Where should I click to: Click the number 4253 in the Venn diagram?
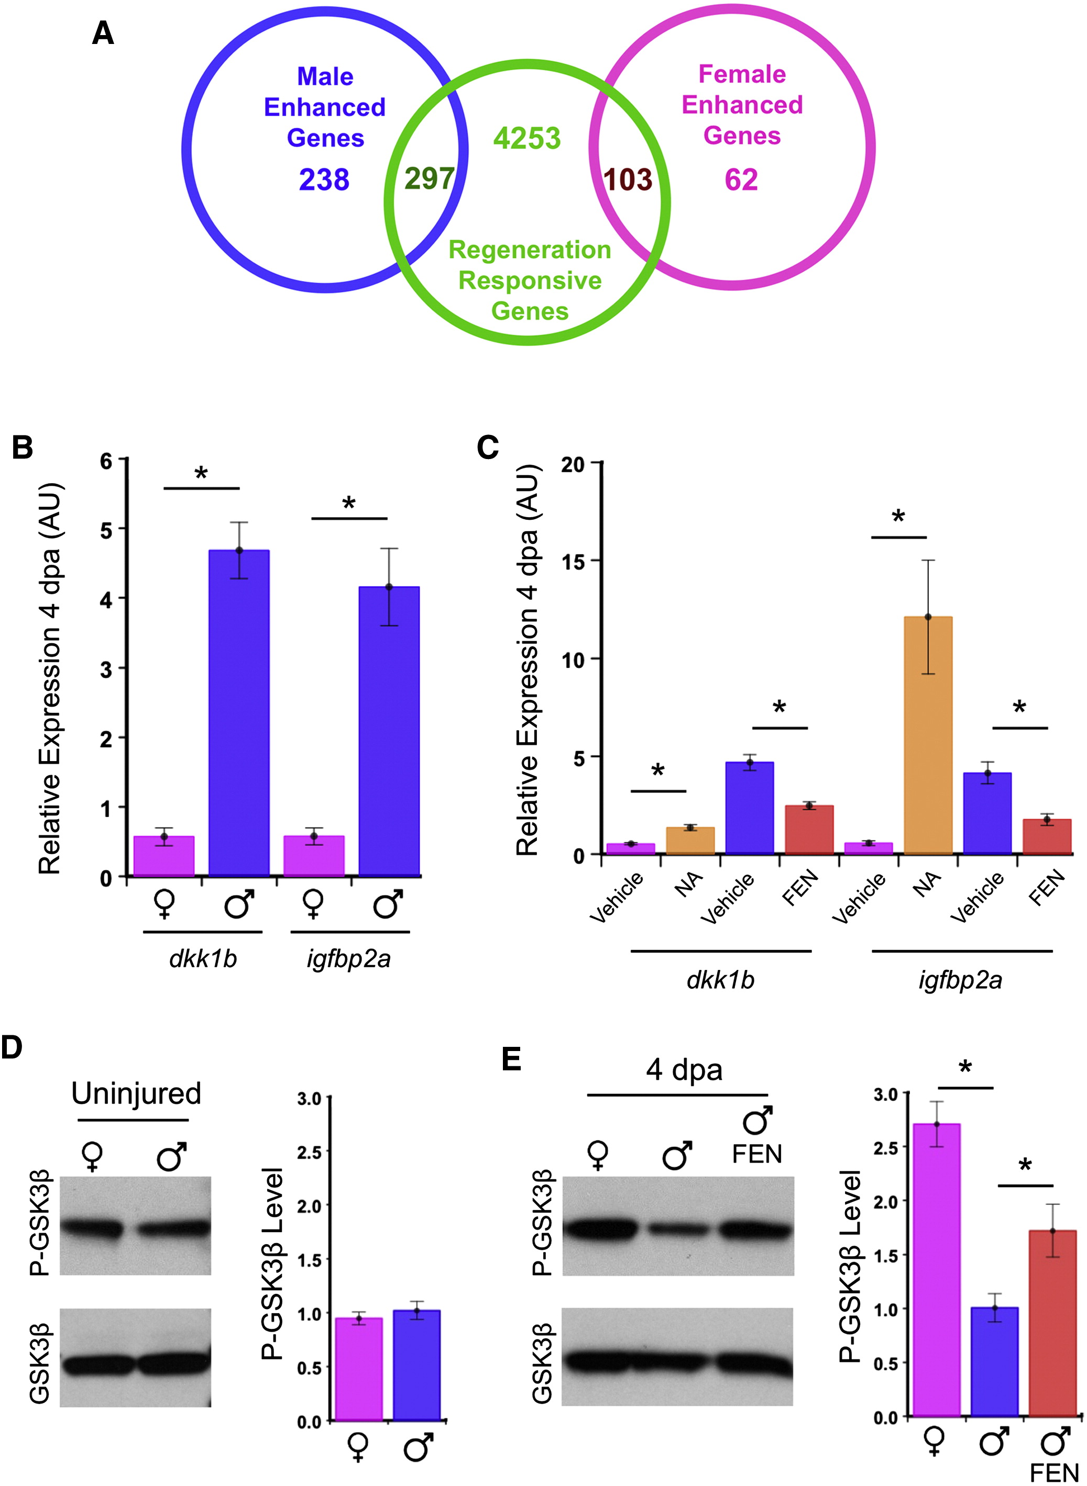[x=527, y=139]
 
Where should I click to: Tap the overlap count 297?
[x=429, y=179]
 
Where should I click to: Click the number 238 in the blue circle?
[x=324, y=180]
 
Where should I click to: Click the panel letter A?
[x=103, y=33]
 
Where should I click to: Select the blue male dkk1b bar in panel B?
[x=239, y=713]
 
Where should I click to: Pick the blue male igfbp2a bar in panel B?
[x=389, y=731]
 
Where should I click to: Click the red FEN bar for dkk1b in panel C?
[x=809, y=830]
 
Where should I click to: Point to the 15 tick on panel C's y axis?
[x=573, y=562]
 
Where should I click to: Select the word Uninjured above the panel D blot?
[x=136, y=1093]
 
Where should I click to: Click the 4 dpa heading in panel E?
[x=684, y=1070]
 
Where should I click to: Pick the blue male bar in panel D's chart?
[x=416, y=1366]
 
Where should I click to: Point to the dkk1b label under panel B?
[x=203, y=959]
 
